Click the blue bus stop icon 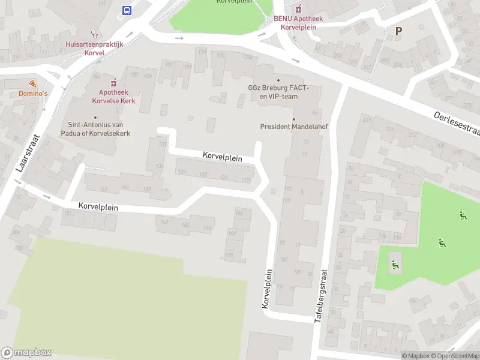(127, 10)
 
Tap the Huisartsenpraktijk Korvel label (94, 48)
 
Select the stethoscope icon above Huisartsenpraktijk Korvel (94, 34)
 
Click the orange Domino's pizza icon (32, 83)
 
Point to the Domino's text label (32, 94)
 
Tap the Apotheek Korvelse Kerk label (113, 96)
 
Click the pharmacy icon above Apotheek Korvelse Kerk (113, 82)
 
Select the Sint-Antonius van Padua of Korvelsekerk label (95, 129)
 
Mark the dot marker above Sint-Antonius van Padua (95, 118)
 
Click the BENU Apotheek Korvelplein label (298, 23)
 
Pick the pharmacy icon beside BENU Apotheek (298, 8)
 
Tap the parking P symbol (398, 31)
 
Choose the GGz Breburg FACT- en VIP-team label (277, 92)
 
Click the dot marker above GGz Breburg (277, 80)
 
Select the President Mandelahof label (293, 127)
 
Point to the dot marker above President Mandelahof (293, 119)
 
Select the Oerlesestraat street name (456, 124)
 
